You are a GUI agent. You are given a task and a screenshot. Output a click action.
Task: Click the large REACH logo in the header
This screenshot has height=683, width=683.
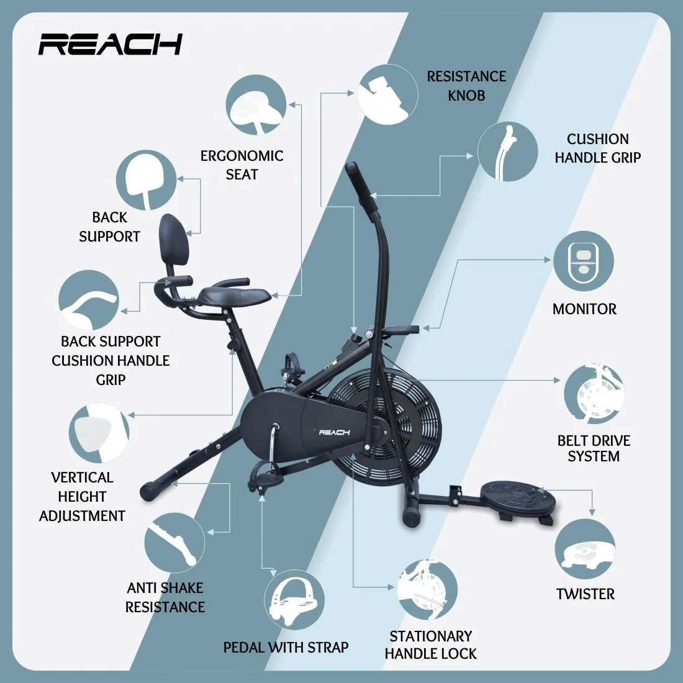click(x=110, y=44)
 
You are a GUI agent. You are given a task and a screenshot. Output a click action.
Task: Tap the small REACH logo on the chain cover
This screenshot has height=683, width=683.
click(x=334, y=432)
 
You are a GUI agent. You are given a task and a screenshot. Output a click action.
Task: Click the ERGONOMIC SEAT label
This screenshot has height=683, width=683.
click(x=242, y=165)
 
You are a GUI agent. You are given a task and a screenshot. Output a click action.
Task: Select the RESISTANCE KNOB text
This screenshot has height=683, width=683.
click(x=466, y=86)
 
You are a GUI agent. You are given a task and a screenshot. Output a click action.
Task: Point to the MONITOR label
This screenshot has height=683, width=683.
click(x=584, y=309)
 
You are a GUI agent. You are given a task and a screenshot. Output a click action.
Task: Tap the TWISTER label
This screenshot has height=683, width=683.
click(x=585, y=594)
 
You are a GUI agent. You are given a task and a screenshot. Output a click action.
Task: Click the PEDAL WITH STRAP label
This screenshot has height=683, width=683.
click(x=286, y=647)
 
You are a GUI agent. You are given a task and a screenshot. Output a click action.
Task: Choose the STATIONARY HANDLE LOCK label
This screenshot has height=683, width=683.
click(x=430, y=645)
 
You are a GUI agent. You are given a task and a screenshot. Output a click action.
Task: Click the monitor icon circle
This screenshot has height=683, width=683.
click(x=583, y=261)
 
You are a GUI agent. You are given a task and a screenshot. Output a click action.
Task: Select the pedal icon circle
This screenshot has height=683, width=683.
click(x=294, y=599)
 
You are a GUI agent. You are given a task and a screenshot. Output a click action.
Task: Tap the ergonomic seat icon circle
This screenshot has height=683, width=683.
click(x=256, y=104)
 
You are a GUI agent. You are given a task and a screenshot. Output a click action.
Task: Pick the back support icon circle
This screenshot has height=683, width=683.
click(x=146, y=180)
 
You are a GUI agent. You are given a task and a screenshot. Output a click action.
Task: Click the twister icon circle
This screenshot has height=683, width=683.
click(x=585, y=549)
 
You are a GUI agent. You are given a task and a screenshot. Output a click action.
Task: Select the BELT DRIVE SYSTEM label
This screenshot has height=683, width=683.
click(x=593, y=448)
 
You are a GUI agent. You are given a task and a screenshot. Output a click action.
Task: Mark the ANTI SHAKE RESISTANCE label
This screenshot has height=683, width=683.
click(x=165, y=597)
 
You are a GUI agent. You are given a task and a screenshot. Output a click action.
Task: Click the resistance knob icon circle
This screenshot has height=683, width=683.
click(x=387, y=94)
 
